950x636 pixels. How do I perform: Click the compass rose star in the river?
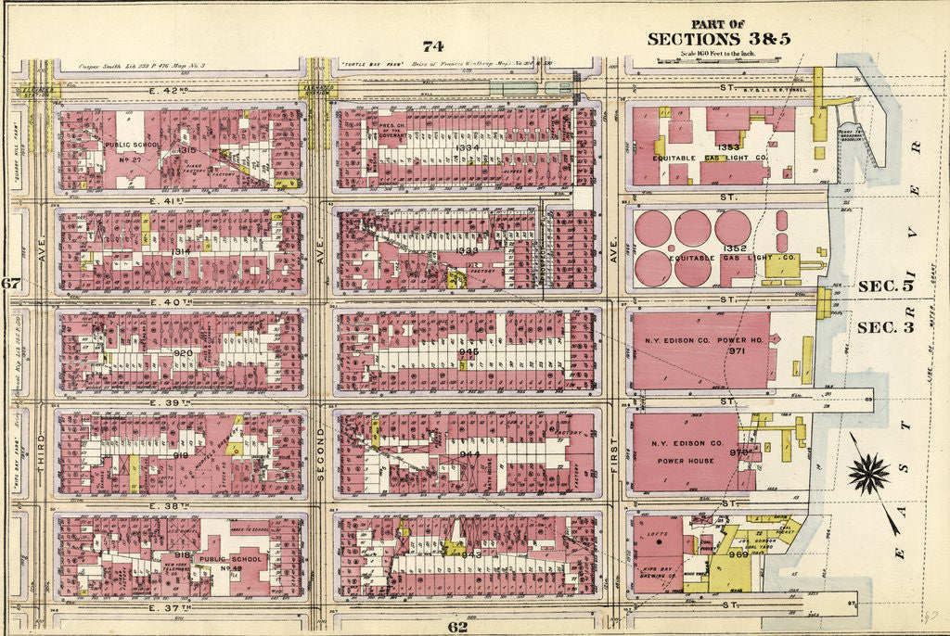869,473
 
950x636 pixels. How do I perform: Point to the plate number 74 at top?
432,46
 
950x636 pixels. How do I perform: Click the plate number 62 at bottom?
456,627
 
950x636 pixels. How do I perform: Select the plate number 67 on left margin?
10,284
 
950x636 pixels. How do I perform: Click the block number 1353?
726,146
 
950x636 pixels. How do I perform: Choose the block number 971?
737,352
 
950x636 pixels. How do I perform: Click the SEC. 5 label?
884,286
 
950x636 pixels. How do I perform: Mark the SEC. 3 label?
884,327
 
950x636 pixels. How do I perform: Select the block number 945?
470,352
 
